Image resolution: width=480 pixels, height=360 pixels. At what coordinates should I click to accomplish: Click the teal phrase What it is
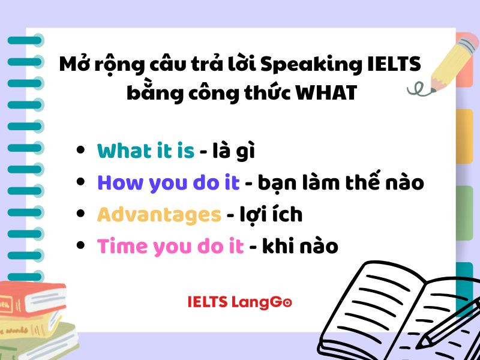146,151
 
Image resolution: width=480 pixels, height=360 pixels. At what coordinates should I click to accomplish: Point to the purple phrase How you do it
169,182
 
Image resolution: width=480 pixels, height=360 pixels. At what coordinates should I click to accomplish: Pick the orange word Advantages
159,214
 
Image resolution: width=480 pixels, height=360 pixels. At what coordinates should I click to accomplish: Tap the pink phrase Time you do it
170,245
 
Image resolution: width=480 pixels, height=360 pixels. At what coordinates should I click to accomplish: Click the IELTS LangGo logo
239,302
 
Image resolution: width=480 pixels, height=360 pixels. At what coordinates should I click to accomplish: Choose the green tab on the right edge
464,213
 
